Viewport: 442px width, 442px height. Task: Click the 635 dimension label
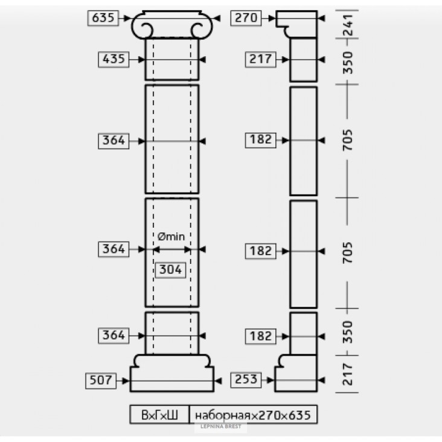click(103, 18)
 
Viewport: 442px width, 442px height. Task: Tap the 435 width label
click(114, 60)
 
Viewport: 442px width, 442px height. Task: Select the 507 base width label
click(101, 380)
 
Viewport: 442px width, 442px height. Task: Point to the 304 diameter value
click(170, 270)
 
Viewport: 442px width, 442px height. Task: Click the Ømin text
click(171, 237)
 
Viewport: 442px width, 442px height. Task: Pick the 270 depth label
click(246, 18)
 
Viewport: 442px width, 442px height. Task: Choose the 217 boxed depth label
click(260, 60)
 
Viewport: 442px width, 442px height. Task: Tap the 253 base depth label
click(246, 380)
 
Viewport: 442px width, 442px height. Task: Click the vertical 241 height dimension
click(348, 25)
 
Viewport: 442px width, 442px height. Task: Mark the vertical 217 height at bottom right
click(348, 374)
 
